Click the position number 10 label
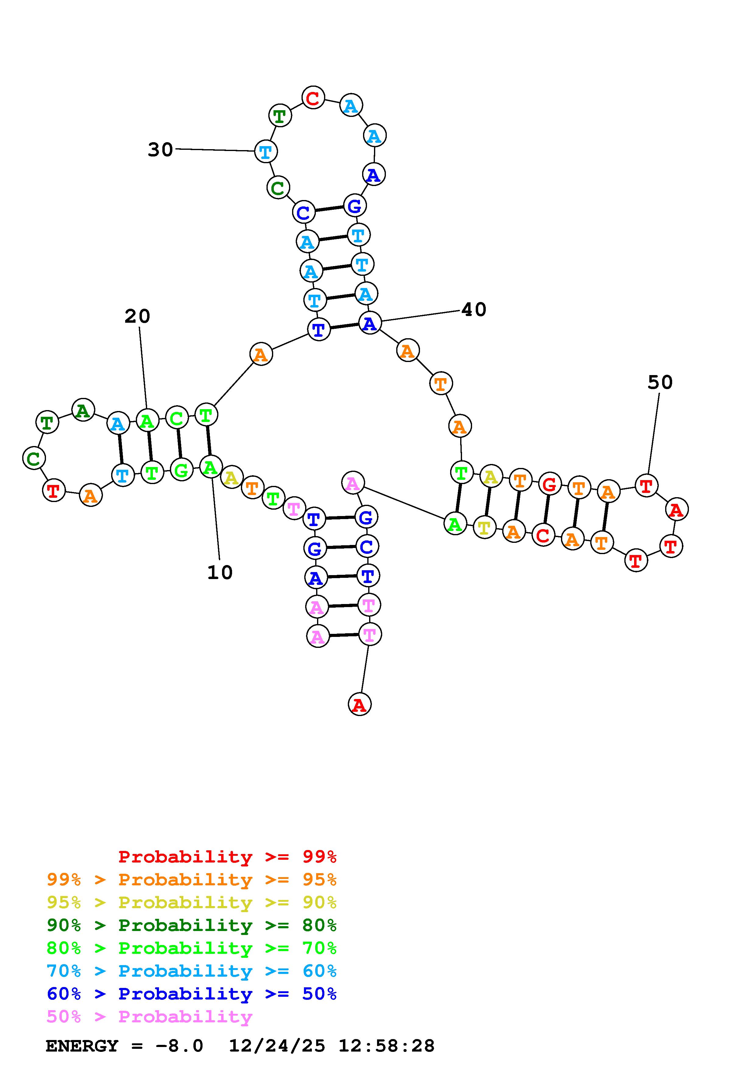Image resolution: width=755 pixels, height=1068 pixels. tap(220, 573)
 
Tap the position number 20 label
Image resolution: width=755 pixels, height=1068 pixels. tap(137, 317)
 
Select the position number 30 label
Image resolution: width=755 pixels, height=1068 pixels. tap(160, 150)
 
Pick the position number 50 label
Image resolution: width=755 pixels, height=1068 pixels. tap(660, 383)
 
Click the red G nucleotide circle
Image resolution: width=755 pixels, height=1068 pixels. tap(549, 485)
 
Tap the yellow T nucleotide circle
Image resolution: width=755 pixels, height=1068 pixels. tap(484, 528)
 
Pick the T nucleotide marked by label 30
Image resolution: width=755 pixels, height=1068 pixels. tap(266, 152)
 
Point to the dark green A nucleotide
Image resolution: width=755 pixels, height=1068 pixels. tap(83, 411)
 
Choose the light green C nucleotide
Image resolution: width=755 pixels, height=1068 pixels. tap(176, 418)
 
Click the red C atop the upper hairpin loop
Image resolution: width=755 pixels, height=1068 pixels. tap(313, 98)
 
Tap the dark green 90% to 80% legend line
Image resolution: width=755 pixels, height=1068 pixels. tap(192, 926)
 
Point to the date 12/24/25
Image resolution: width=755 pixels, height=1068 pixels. tap(277, 1046)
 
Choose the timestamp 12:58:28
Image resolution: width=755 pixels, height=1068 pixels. tap(386, 1046)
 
